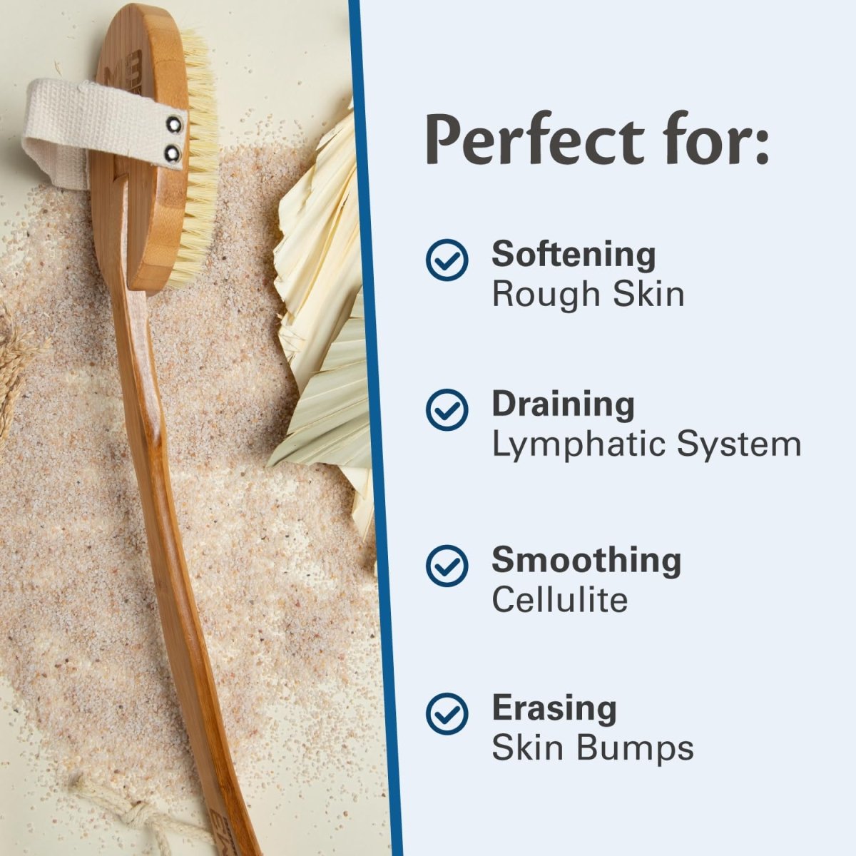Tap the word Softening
click(x=574, y=255)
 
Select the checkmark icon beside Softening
click(x=447, y=259)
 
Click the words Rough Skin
click(x=588, y=294)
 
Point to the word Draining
click(x=563, y=404)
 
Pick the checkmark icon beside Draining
click(x=447, y=409)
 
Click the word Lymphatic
click(x=577, y=444)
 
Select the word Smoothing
click(x=586, y=560)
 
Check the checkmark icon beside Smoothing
click(x=447, y=565)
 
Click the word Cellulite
click(x=559, y=599)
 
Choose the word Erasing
click(x=554, y=708)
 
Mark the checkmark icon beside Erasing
click(x=447, y=713)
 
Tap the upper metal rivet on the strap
click(x=172, y=126)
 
